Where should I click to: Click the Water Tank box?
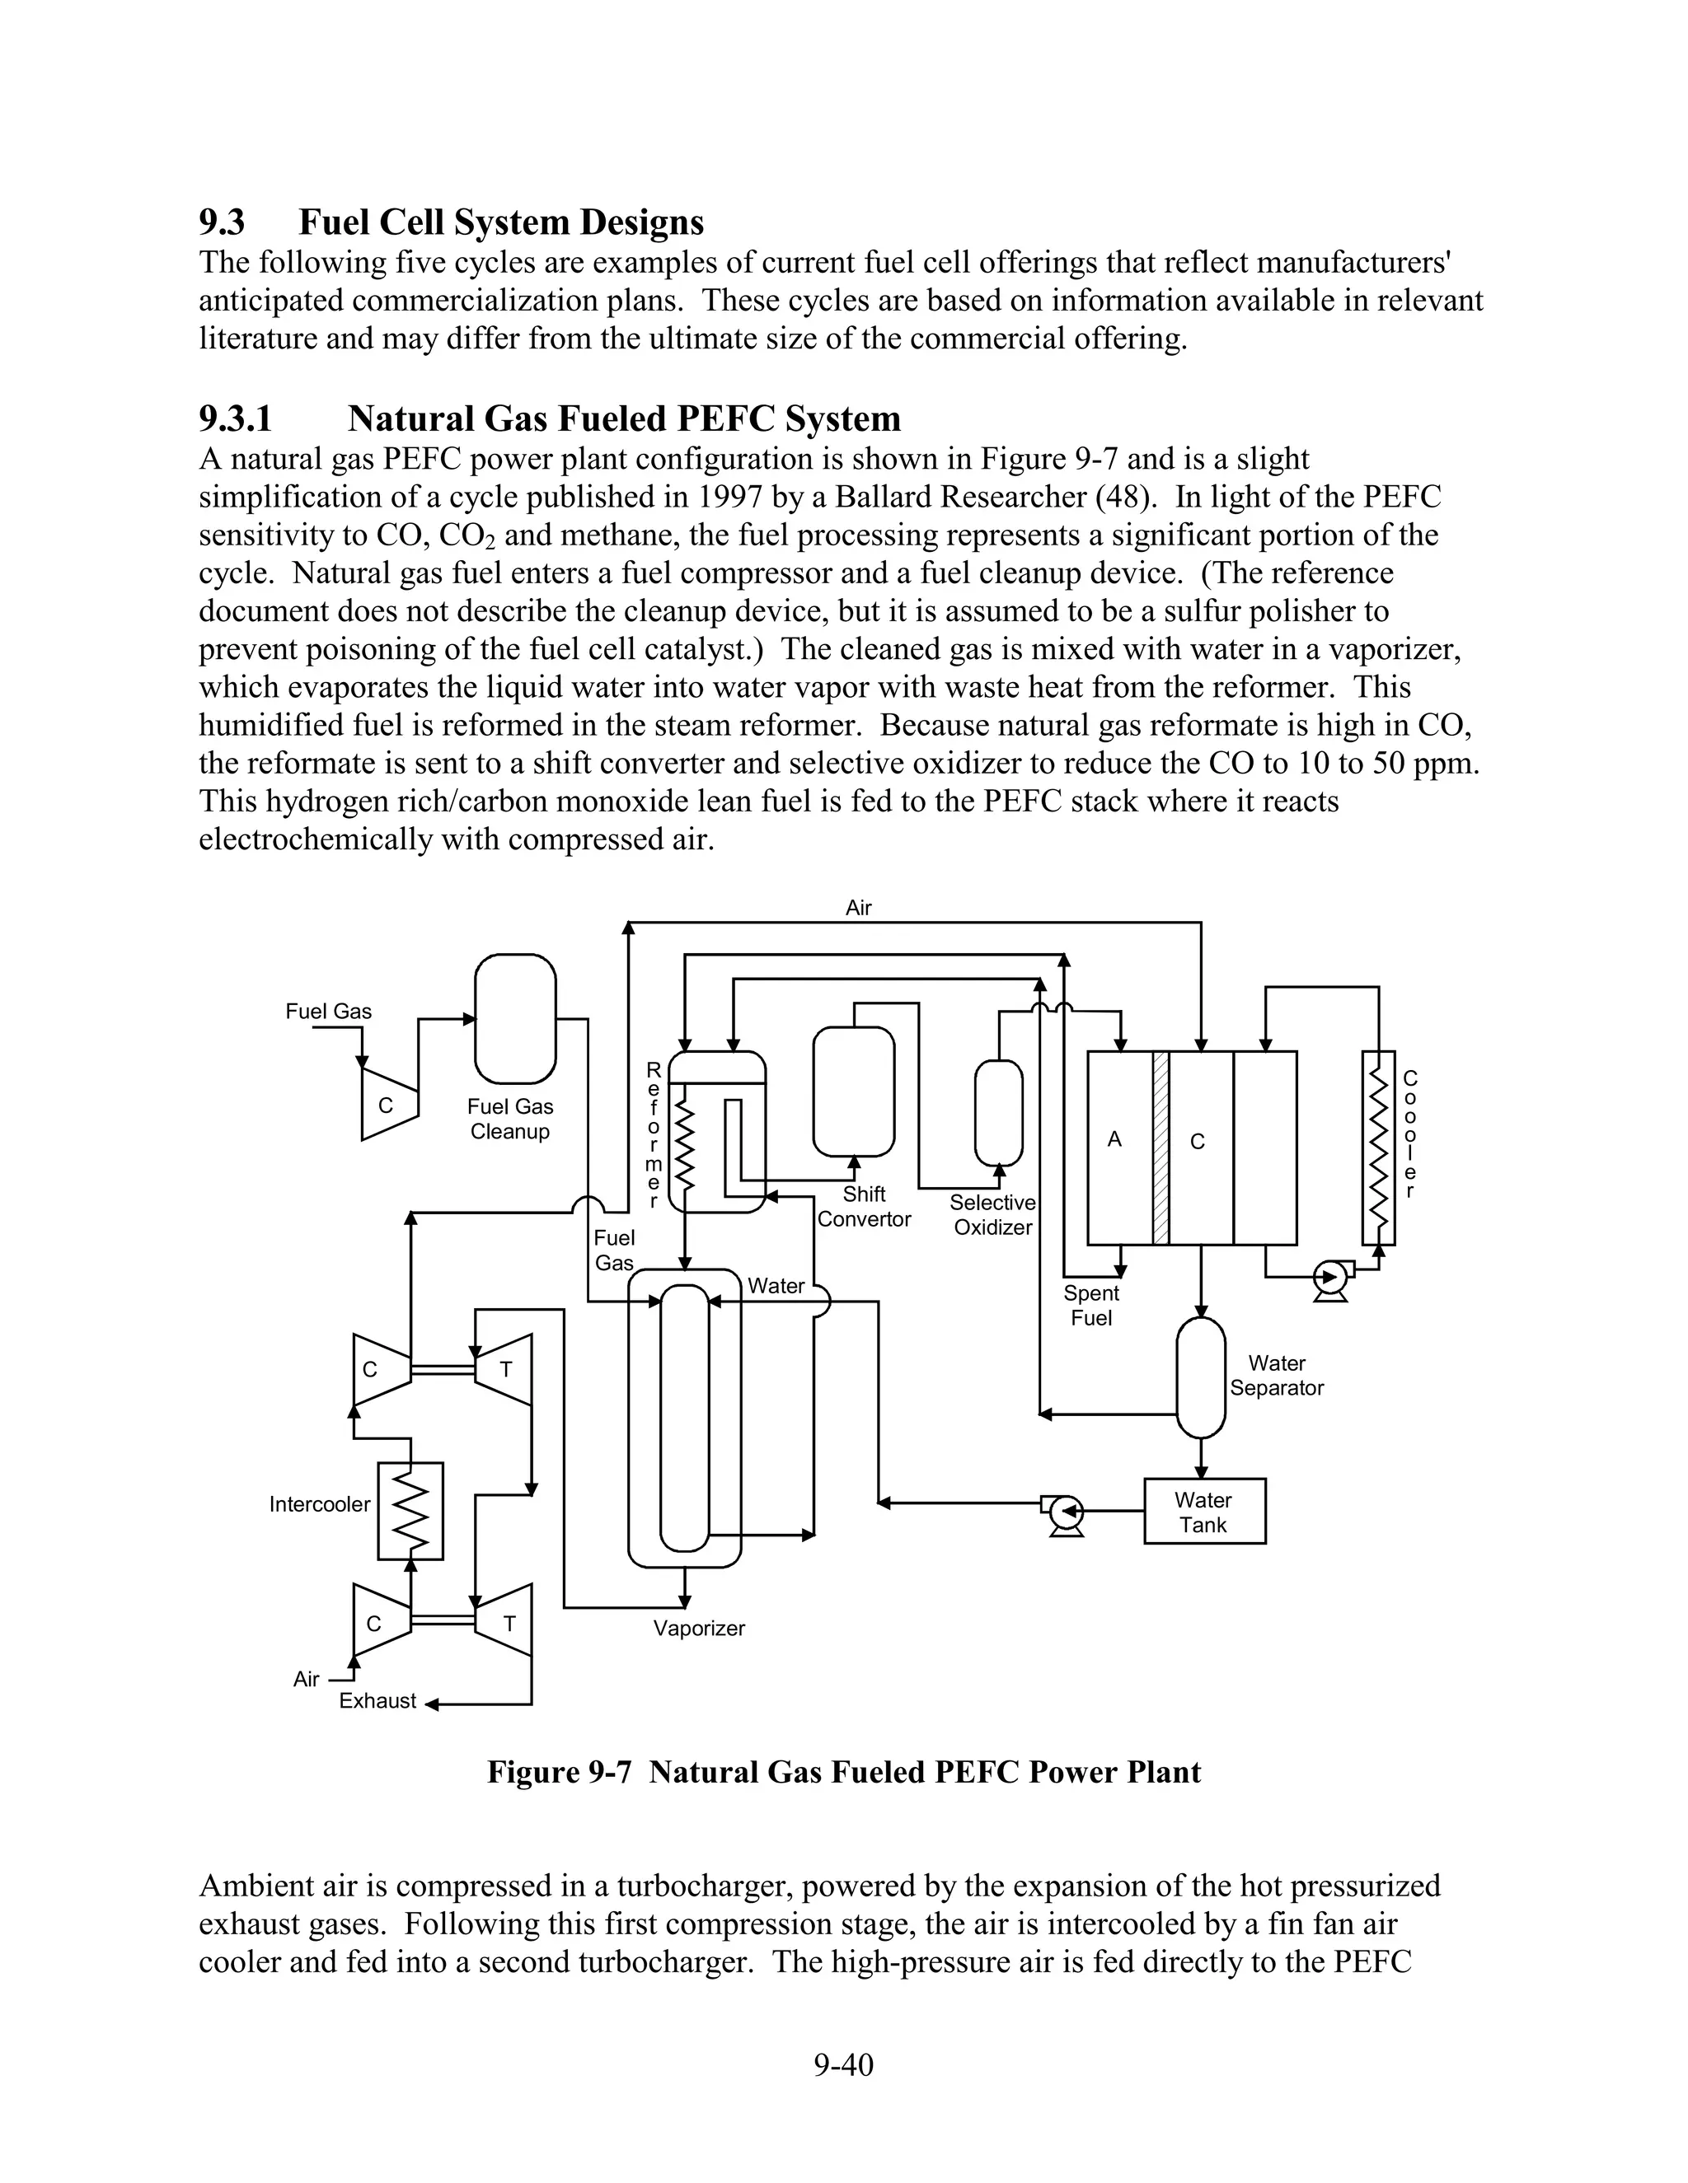[x=1204, y=1512]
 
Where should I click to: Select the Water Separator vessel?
[x=1200, y=1377]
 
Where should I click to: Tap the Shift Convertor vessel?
[x=853, y=1091]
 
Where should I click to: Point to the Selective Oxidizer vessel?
[x=998, y=1112]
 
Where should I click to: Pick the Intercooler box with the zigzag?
[x=410, y=1512]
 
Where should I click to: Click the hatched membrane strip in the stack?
[x=1160, y=1148]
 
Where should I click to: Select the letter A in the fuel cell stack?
[x=1115, y=1139]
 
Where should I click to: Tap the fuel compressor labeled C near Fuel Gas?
[x=386, y=1105]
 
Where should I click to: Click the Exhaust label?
[x=377, y=1701]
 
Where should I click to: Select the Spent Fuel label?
[x=1091, y=1306]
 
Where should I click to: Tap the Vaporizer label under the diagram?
[x=699, y=1629]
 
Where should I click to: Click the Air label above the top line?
[x=858, y=908]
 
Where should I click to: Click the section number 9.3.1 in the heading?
[x=235, y=418]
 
